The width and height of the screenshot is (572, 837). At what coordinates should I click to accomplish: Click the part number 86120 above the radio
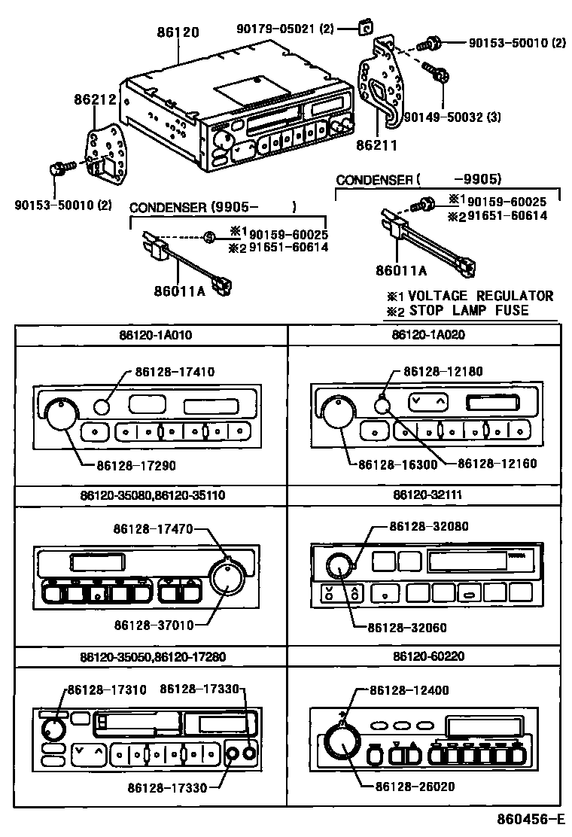pos(178,32)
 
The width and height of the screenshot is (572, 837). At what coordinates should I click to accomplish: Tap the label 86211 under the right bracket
pos(378,145)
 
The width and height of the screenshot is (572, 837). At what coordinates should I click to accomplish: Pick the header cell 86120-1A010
pos(151,334)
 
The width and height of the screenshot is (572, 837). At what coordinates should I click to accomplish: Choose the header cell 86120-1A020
pos(427,334)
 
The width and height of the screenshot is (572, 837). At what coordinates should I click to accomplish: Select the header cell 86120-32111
pos(427,495)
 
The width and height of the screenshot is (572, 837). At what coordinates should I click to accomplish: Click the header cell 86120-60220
pos(427,656)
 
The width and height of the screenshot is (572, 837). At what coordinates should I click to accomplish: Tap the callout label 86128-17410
pos(175,371)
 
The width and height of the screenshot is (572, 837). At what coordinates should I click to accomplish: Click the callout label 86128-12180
pos(443,371)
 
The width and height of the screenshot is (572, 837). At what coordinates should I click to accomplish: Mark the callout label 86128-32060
pos(407,627)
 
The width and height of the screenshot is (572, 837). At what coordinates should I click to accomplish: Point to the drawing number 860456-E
pos(530,820)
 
